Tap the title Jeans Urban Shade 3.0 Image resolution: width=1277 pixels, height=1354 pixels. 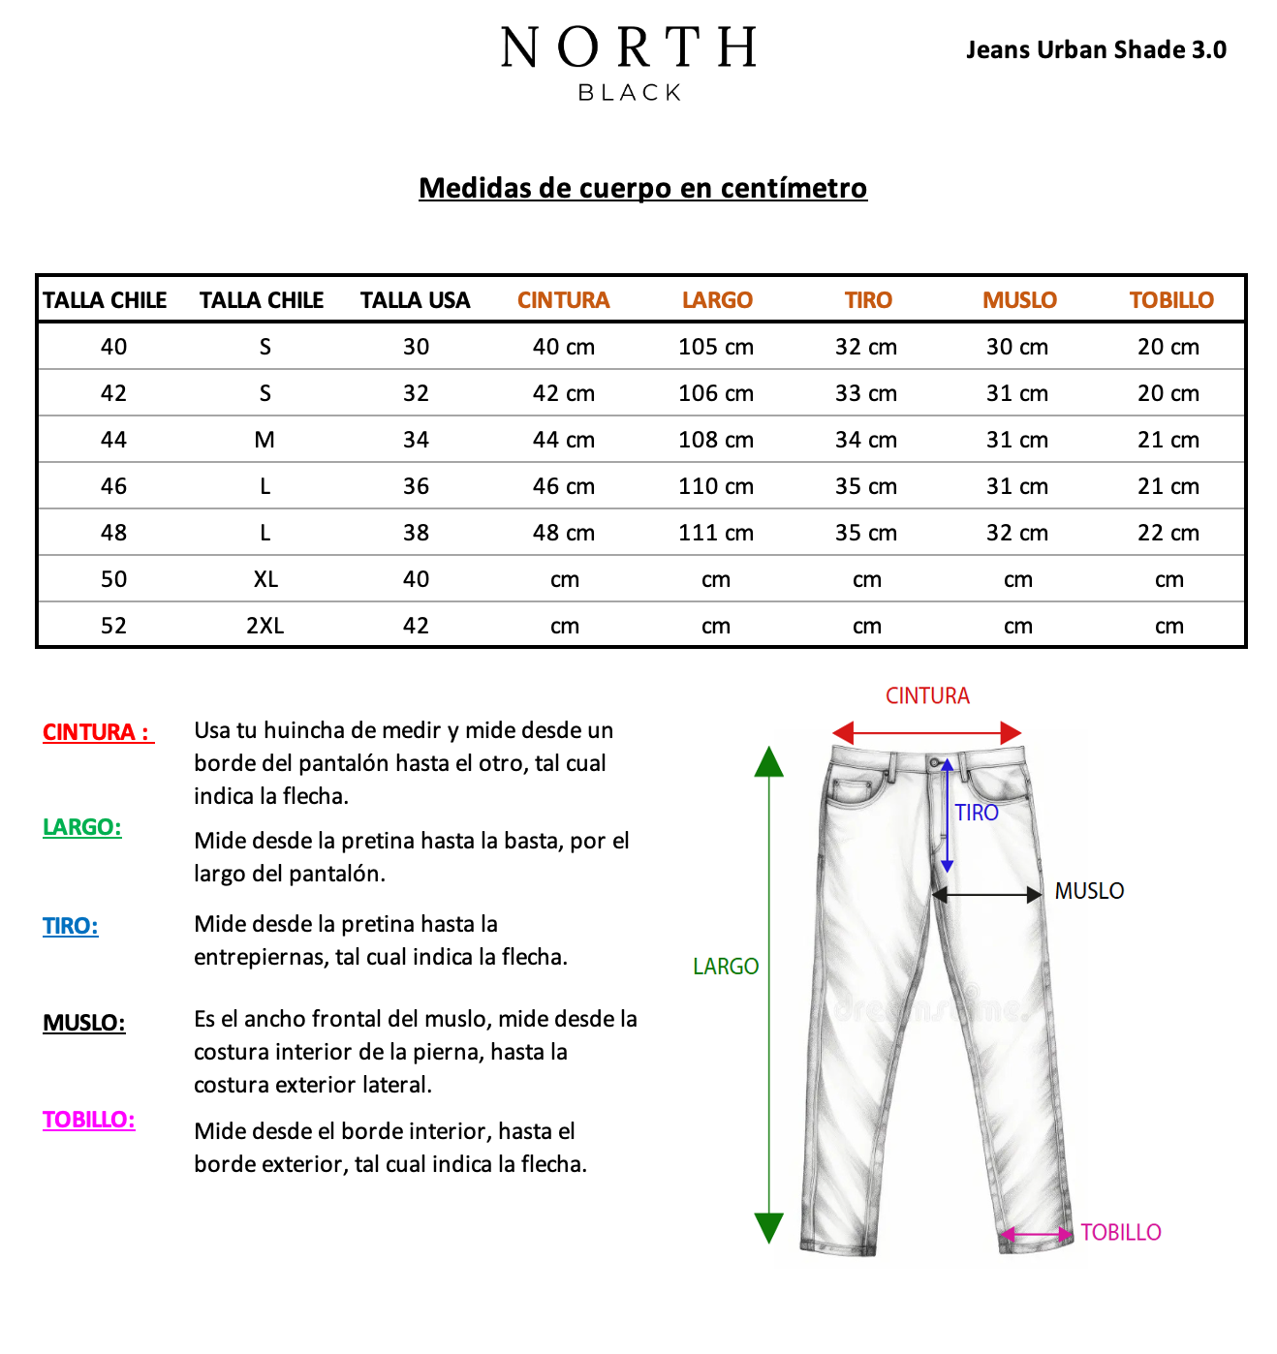coord(1096,49)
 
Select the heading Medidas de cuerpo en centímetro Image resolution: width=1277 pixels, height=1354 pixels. coord(642,188)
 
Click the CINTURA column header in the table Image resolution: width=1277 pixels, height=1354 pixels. coord(563,300)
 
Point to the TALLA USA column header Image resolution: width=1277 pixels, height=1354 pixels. coord(415,300)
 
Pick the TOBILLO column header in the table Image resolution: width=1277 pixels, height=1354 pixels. coord(1171,300)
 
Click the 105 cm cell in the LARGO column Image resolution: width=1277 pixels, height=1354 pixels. coord(715,347)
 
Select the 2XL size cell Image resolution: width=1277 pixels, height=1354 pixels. coord(265,626)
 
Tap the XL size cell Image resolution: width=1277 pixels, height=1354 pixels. coord(265,579)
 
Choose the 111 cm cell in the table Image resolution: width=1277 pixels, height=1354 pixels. coord(715,533)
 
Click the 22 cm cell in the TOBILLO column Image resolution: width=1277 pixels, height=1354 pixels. coord(1168,533)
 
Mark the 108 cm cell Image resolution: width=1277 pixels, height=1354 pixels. coord(715,440)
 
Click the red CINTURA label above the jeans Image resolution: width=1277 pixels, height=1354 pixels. coord(927,695)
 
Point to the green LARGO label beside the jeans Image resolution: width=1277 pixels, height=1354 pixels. coord(726,967)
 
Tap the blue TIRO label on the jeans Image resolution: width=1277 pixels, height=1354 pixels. coord(977,813)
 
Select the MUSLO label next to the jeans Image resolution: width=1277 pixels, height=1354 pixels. coord(1089,891)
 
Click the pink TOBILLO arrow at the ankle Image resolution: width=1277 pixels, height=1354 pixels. coord(1037,1234)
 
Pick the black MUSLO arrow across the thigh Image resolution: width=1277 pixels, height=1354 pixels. coord(986,895)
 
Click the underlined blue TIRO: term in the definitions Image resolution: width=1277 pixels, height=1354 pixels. coord(71,926)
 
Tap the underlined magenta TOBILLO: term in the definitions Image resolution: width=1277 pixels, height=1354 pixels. coord(88,1120)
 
